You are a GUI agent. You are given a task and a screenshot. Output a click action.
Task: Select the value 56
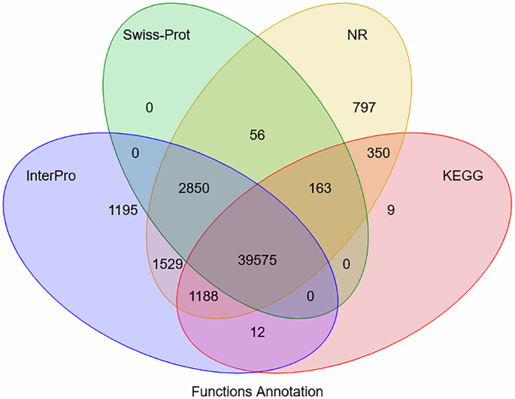(257, 135)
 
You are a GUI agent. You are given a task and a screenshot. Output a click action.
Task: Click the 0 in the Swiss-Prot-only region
(149, 108)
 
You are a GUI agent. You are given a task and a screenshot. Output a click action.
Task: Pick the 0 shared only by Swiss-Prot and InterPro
(135, 153)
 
